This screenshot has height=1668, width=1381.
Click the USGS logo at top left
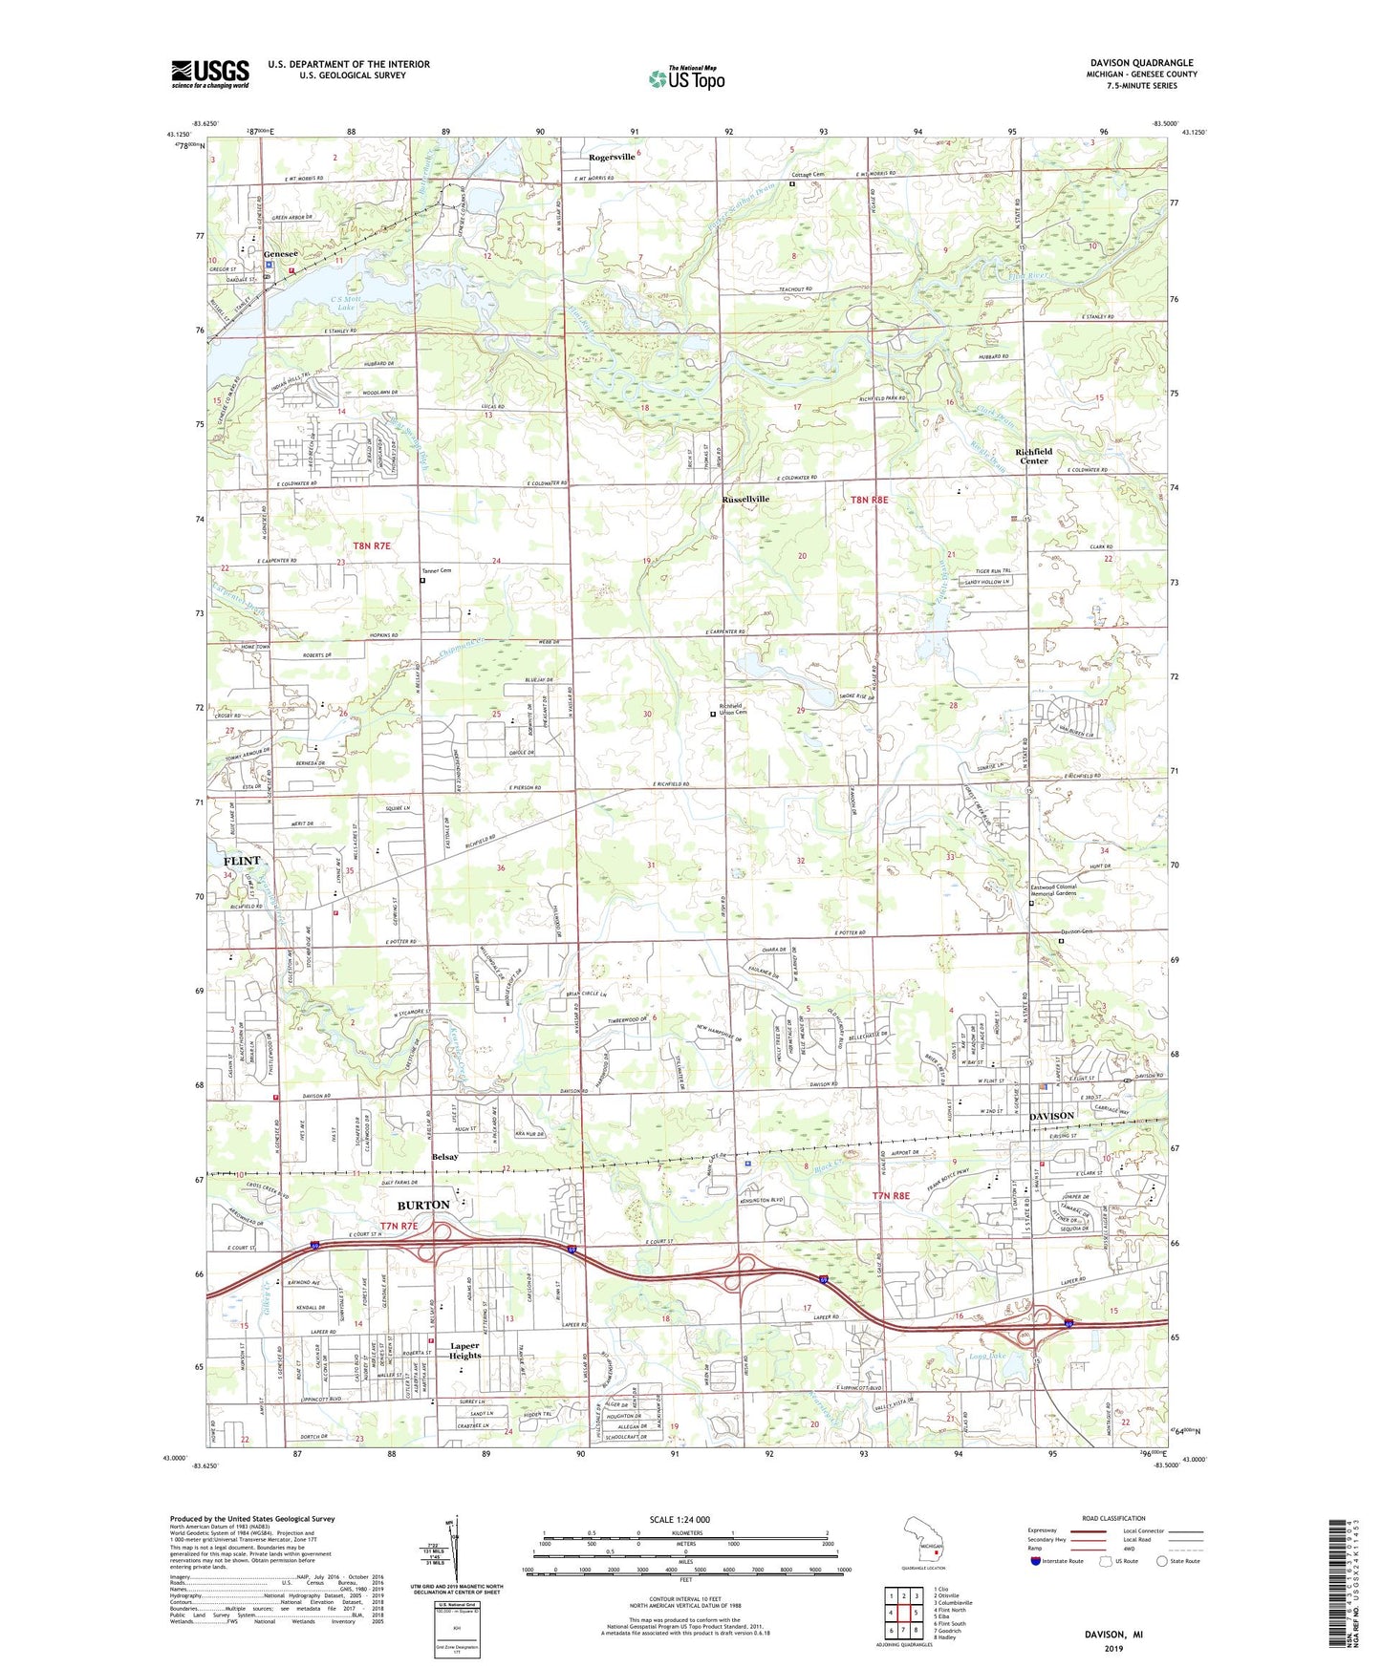pyautogui.click(x=210, y=74)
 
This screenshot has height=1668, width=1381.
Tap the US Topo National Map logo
pyautogui.click(x=686, y=78)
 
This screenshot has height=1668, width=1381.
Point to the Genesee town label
pyautogui.click(x=281, y=253)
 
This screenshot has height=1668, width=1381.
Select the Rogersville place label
pyautogui.click(x=612, y=157)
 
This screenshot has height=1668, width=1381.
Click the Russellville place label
pyautogui.click(x=745, y=499)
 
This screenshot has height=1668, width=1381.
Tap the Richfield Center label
pyautogui.click(x=1034, y=456)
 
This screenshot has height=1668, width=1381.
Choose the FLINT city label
pyautogui.click(x=242, y=861)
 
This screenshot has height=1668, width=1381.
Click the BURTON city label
pyautogui.click(x=423, y=1205)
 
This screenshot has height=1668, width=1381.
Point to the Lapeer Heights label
pyautogui.click(x=465, y=1350)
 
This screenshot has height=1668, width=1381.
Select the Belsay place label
pyautogui.click(x=444, y=1157)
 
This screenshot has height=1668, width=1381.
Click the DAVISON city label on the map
pyautogui.click(x=1051, y=1116)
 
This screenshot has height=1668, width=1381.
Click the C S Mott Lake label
pyautogui.click(x=343, y=303)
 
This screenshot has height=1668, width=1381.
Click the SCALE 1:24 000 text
pyautogui.click(x=680, y=1519)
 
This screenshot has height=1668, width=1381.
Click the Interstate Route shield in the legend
pyautogui.click(x=1036, y=1561)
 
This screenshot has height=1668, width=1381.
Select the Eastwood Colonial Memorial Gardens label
pyautogui.click(x=1053, y=890)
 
